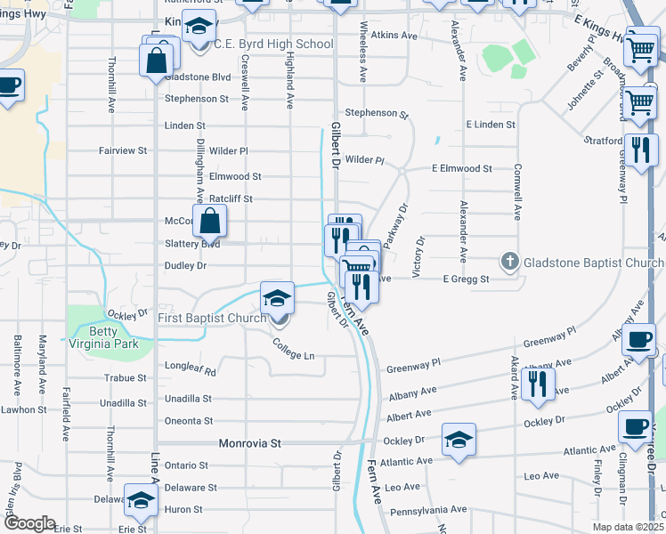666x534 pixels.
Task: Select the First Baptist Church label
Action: [x=212, y=318]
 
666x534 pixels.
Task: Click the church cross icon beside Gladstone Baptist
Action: [x=509, y=262]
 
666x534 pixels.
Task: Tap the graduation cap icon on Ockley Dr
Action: [x=459, y=439]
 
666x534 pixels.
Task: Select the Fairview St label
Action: [x=123, y=151]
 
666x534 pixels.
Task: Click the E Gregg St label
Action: [x=467, y=279]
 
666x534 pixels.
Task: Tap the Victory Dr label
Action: [x=421, y=253]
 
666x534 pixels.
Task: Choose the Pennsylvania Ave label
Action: [x=428, y=510]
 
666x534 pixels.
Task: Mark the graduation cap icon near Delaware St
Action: [x=141, y=501]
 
